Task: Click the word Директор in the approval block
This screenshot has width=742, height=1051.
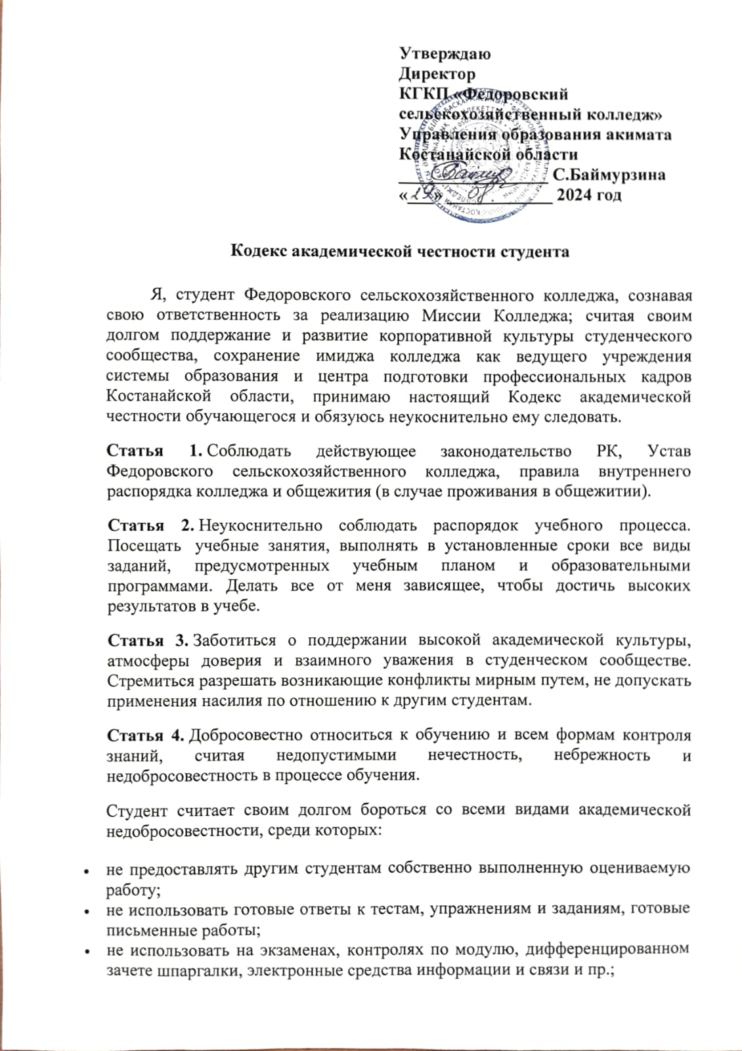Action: [437, 74]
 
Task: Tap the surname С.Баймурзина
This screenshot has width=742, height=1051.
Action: [609, 175]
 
